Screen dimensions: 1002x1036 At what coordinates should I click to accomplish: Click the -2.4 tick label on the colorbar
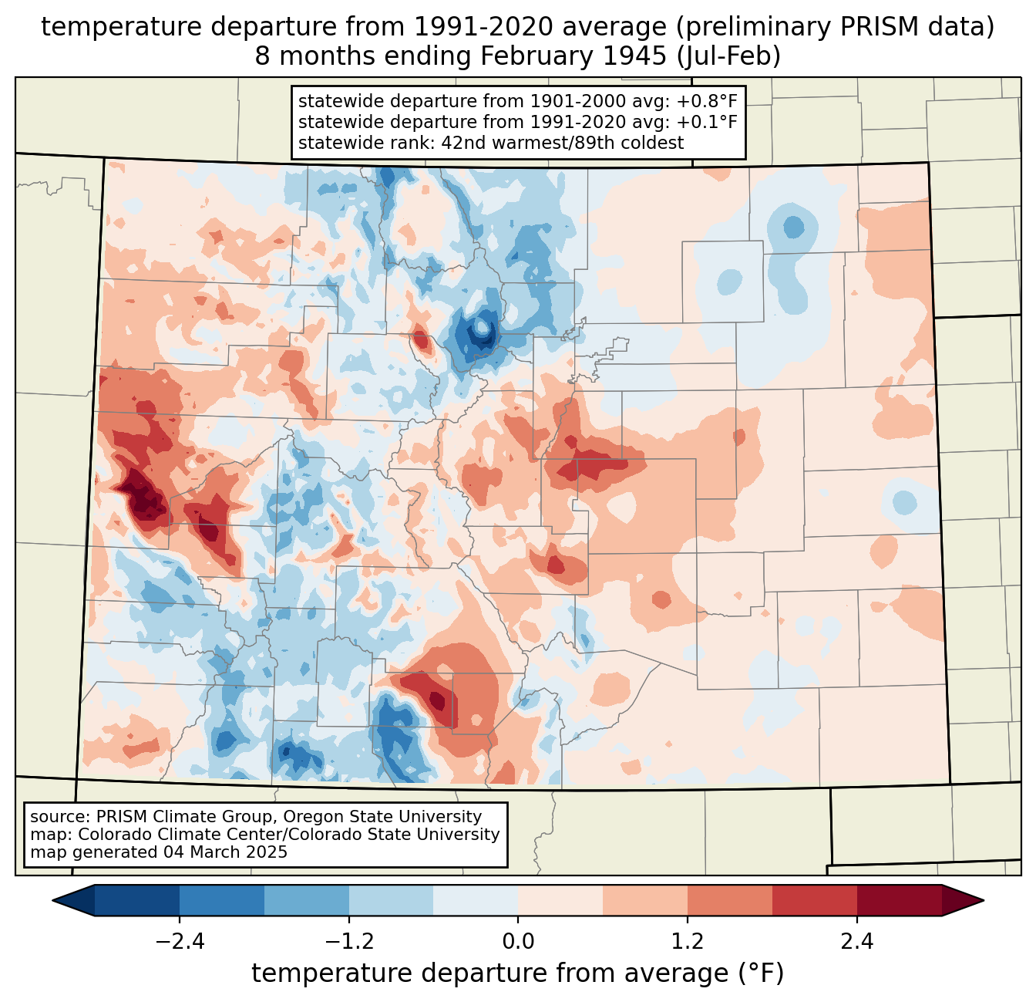coord(180,942)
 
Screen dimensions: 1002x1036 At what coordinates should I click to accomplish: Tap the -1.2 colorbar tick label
coord(348,942)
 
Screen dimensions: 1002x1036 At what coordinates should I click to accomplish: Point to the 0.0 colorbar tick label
coord(518,942)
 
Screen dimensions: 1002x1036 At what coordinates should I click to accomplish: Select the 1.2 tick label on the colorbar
coord(688,942)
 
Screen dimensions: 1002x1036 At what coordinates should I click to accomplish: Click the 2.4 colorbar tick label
coord(856,942)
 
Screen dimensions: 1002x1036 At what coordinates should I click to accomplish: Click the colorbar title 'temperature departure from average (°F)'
coord(518,973)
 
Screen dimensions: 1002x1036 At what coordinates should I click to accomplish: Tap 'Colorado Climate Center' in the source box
coord(168,835)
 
